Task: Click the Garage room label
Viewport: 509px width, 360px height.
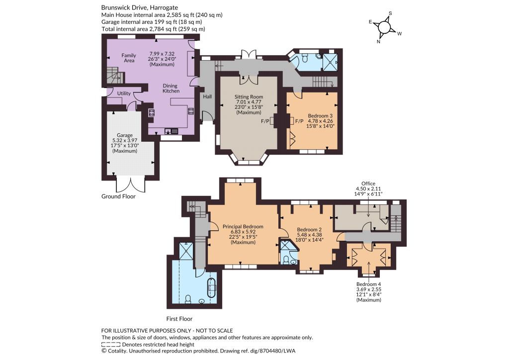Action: click(125, 135)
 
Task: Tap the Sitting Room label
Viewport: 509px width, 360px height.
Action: click(249, 97)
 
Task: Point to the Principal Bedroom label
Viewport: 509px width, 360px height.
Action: click(243, 227)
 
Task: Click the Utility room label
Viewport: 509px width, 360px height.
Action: click(124, 93)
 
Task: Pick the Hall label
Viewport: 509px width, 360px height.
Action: click(207, 96)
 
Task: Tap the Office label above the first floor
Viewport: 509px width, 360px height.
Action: click(368, 183)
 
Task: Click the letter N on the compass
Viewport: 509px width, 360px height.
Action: click(378, 42)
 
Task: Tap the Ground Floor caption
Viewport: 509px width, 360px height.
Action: click(118, 196)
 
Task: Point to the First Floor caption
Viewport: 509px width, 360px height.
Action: click(179, 319)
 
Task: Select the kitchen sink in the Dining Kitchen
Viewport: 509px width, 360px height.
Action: click(171, 131)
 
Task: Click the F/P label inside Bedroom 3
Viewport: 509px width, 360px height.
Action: click(299, 121)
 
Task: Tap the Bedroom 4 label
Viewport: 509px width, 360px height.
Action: click(369, 284)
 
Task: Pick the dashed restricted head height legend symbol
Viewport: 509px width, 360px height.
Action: click(111, 345)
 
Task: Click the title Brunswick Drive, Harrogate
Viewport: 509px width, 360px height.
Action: click(140, 7)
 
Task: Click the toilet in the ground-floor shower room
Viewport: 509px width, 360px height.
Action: click(305, 58)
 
